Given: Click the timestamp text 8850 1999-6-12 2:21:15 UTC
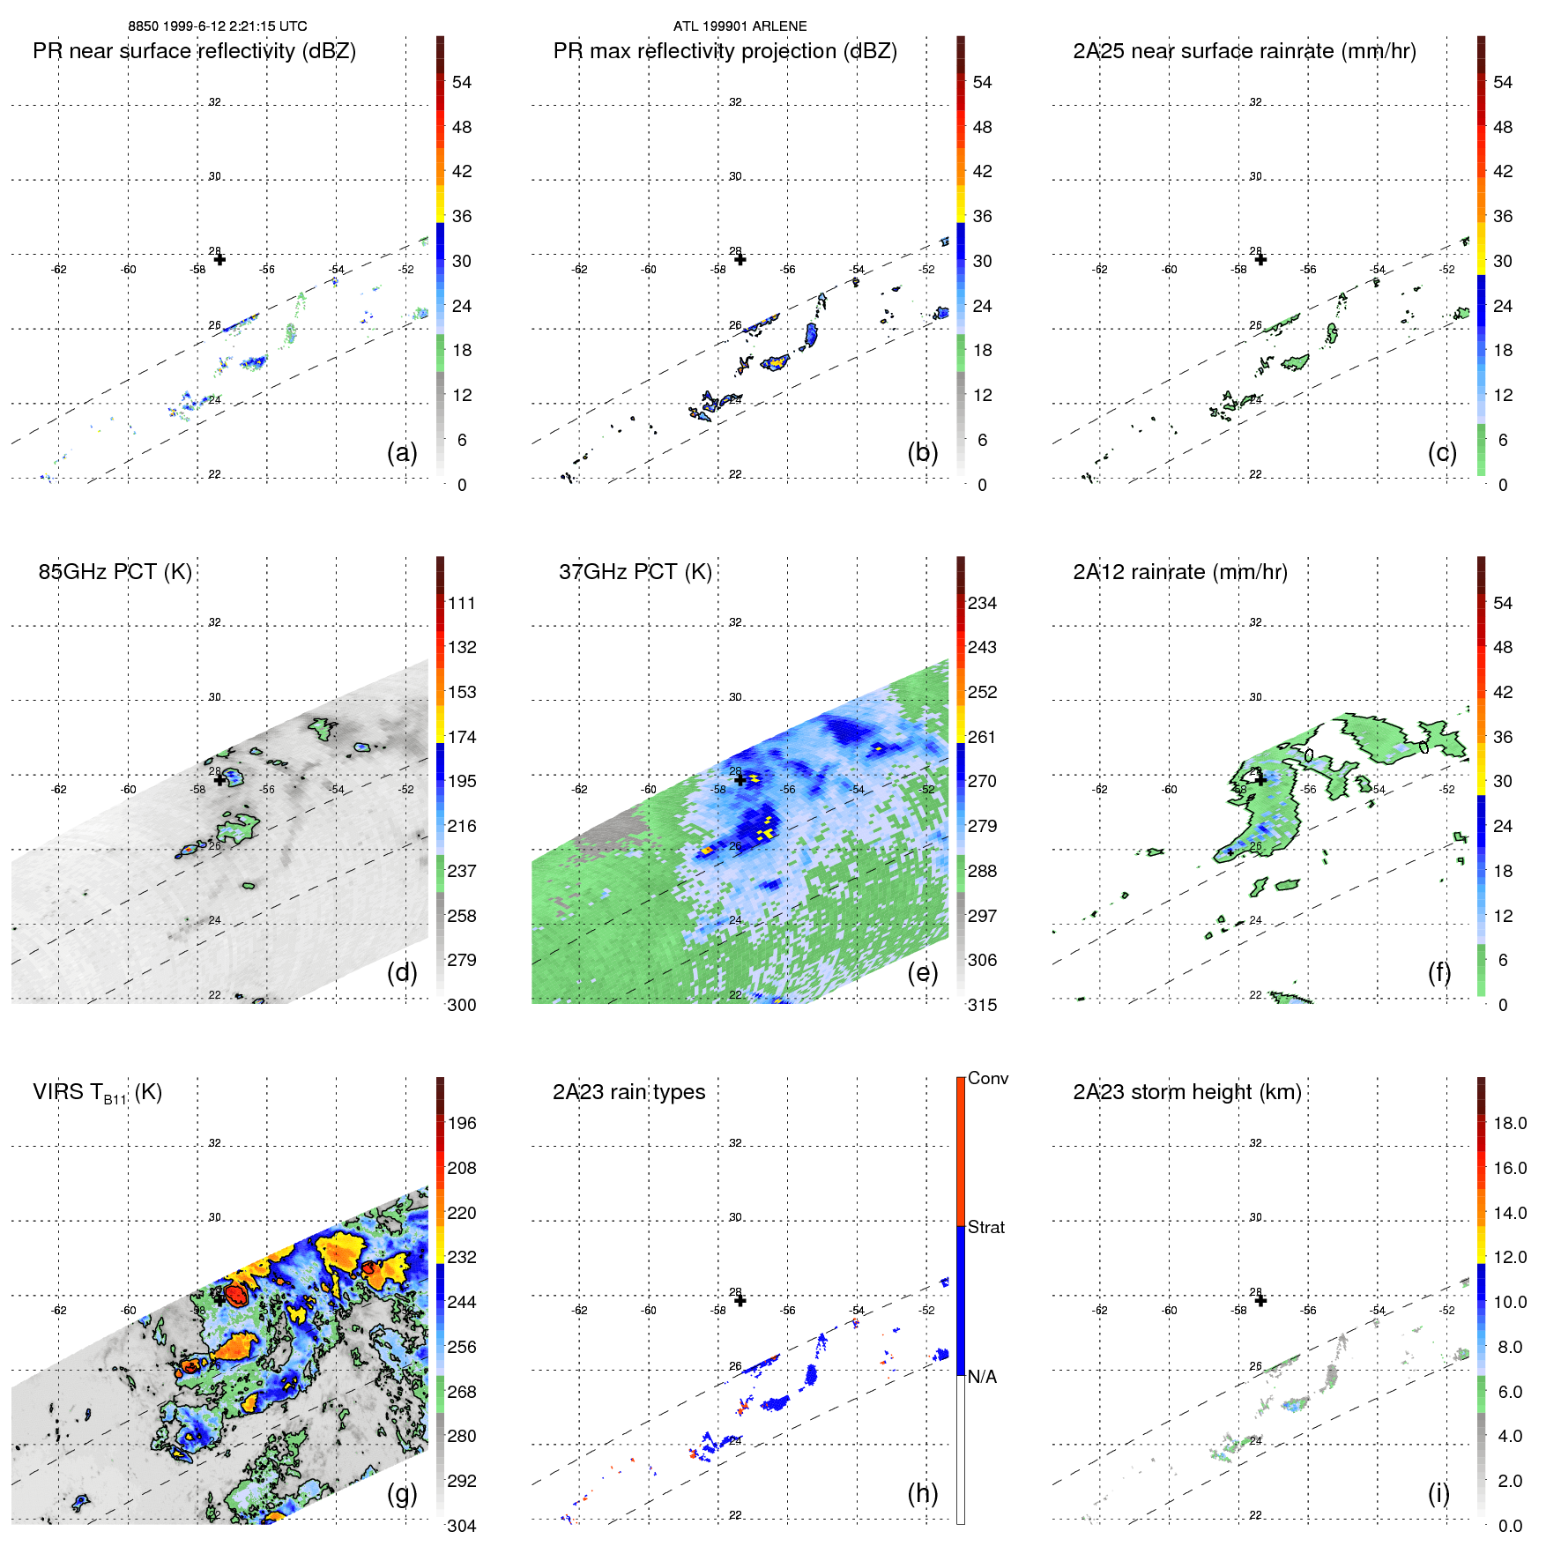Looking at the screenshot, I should coord(218,26).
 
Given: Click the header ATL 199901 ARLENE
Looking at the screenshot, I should coord(740,26).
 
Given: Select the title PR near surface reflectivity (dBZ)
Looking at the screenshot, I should coord(194,51).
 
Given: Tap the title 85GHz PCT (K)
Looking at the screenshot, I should coord(115,571).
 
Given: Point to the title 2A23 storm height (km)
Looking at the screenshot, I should coord(1186,1092).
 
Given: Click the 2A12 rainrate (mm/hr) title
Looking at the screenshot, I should coord(1179,571).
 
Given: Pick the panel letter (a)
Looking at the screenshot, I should coord(402,452).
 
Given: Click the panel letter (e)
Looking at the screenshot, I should coord(922,972).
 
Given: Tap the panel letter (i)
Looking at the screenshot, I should coord(1438,1493).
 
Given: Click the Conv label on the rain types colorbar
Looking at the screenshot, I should coord(987,1078).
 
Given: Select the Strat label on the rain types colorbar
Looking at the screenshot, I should coord(985,1227).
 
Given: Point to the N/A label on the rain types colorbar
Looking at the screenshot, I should coord(982,1377).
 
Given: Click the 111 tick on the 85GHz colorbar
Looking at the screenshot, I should coord(462,603).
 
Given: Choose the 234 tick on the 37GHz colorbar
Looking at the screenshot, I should coord(982,603).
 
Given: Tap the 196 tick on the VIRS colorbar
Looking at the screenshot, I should coord(462,1123).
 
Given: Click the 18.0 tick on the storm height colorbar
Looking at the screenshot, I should coord(1509,1123).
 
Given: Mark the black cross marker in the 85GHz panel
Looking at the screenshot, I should coord(219,780).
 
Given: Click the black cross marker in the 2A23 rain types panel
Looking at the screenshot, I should coord(740,1300).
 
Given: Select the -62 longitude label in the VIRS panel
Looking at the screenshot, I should coord(59,1310).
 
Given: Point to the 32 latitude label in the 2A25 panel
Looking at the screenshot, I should coord(1255,102).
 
